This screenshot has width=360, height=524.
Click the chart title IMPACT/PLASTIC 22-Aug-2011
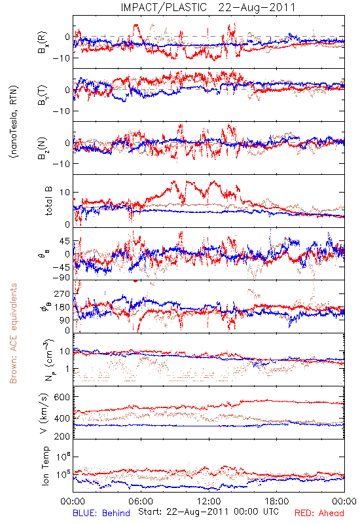click(207, 7)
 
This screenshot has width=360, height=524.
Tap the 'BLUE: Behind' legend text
click(101, 513)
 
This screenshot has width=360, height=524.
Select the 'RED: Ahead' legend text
click(319, 513)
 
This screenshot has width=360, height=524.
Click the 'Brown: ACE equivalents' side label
click(13, 333)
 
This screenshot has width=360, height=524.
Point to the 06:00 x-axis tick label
click(141, 501)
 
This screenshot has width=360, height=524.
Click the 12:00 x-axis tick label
click(209, 501)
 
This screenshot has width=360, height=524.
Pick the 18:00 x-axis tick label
click(277, 501)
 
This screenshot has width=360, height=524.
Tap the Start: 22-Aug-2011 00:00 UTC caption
click(208, 512)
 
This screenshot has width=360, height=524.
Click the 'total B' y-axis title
click(48, 201)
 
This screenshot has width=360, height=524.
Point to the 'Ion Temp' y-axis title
click(45, 466)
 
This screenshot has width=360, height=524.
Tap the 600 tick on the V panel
click(62, 397)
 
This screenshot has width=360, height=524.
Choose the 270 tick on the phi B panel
click(62, 293)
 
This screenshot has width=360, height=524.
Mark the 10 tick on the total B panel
click(65, 193)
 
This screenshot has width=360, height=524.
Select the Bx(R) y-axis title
click(43, 43)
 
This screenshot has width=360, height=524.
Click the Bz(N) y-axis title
click(43, 148)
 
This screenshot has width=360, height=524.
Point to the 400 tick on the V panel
click(62, 418)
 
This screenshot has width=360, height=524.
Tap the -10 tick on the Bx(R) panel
click(61, 58)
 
